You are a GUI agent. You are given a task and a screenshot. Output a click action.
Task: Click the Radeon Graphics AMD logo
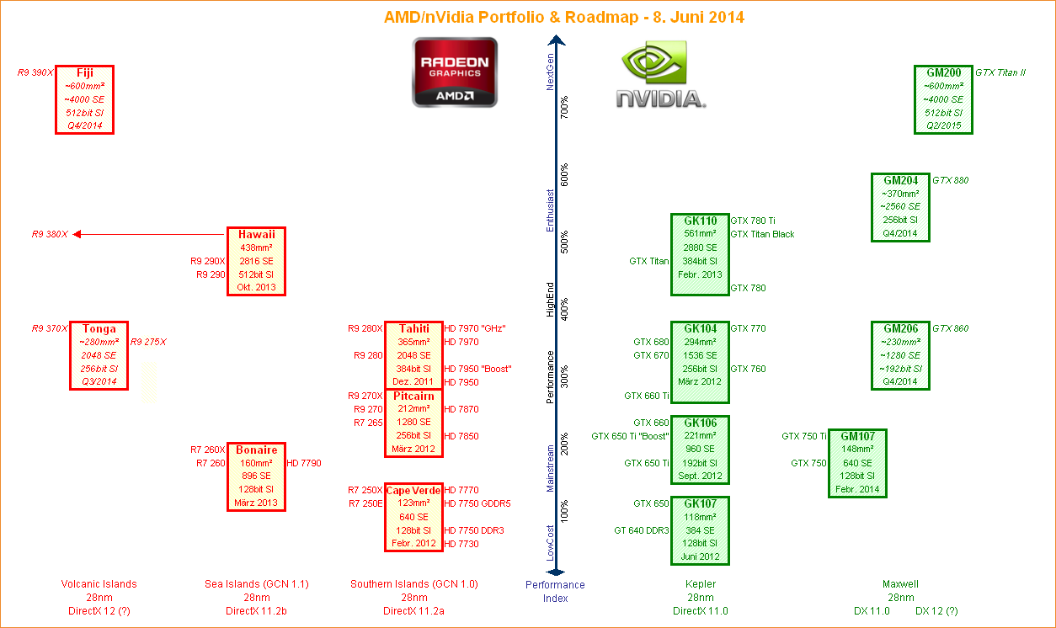click(x=455, y=72)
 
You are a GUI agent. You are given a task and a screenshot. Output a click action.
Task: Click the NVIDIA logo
click(x=661, y=77)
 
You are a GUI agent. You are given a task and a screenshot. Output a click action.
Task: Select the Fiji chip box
click(x=84, y=99)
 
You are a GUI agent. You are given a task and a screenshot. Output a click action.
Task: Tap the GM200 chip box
click(x=943, y=99)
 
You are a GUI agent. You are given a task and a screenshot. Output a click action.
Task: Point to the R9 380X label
click(x=50, y=234)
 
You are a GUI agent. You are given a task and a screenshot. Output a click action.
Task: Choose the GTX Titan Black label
click(x=762, y=234)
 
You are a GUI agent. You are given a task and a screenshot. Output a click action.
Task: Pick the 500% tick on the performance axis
click(x=565, y=247)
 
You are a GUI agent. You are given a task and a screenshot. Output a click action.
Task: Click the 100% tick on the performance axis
click(x=565, y=511)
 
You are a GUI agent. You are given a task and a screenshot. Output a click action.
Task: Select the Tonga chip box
click(x=99, y=355)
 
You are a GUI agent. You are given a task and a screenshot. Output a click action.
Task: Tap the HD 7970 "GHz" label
click(x=475, y=328)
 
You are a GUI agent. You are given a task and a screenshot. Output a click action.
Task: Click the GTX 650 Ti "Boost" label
click(x=630, y=436)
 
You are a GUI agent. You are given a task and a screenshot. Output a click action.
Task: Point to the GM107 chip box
click(x=857, y=463)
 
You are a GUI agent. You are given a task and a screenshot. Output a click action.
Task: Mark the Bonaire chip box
click(x=256, y=476)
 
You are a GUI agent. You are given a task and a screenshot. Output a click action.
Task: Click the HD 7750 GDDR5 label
click(x=477, y=503)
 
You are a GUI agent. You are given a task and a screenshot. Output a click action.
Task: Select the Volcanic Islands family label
click(x=99, y=584)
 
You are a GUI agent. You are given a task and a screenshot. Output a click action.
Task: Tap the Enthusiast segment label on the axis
click(x=551, y=210)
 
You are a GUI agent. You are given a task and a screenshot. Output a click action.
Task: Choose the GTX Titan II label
click(x=1000, y=72)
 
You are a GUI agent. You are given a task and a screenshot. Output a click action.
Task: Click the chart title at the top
click(x=564, y=17)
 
